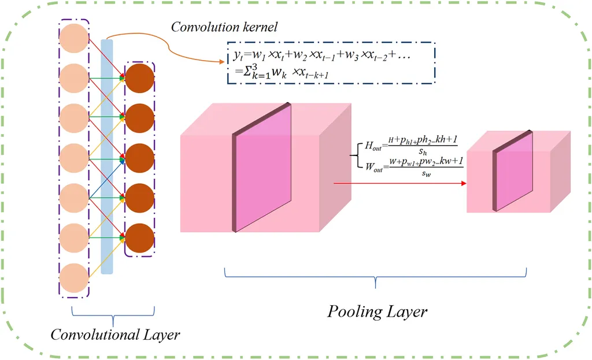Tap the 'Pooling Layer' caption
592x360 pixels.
pos(378,312)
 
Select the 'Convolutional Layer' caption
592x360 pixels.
pos(115,335)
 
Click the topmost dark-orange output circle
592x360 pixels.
pos(140,77)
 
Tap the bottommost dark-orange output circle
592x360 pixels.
pos(140,237)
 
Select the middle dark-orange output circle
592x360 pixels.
pos(140,158)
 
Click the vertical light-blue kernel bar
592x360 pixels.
pos(107,156)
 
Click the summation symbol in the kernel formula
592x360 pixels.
pos(234,75)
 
